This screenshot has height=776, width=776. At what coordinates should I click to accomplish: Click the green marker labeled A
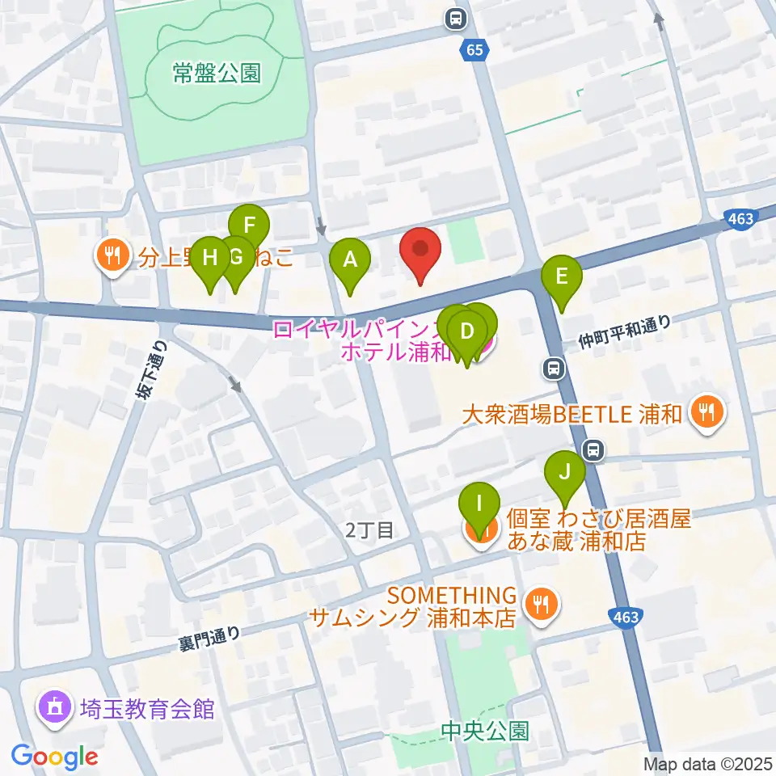point(350,260)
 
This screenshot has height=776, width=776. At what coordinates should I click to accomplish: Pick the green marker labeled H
point(210,259)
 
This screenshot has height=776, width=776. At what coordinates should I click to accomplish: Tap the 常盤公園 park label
point(217,74)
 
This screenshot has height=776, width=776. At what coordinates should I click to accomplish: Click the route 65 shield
point(475,50)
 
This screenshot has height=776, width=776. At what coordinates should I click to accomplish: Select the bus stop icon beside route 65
point(456,17)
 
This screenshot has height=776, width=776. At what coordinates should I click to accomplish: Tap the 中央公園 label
point(485,731)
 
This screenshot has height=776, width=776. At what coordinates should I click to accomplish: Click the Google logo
point(55,757)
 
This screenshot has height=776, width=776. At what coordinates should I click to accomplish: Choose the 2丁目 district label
point(369,530)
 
